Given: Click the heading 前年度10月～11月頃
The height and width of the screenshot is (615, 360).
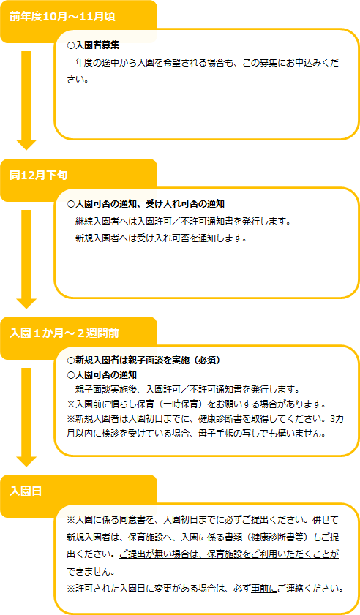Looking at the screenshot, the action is coord(62,17).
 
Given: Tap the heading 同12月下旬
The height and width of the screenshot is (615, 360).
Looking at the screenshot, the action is coord(39,175).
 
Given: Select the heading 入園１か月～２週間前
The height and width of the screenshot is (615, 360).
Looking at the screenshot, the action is coord(64,333).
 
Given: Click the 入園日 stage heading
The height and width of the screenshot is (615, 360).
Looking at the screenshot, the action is coord(26,491).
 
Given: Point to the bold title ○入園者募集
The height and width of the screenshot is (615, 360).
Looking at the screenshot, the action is coord(93,45).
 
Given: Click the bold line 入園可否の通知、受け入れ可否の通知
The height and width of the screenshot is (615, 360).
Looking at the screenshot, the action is coord(146,203).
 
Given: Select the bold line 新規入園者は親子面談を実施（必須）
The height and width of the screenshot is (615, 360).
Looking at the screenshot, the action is coord(143,360).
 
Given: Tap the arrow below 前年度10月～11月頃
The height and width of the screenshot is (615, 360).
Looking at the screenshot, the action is coord(26,100).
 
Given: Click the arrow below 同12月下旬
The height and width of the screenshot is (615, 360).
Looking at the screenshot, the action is coord(26,260).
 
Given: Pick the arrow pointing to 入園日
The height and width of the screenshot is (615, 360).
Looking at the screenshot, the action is coord(26,418).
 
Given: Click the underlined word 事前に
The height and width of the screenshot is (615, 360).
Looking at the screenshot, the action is coord(264,589).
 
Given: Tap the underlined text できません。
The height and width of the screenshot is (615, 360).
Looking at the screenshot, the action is coord(93,571).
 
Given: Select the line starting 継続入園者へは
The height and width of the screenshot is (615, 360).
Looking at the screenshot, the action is coord(183,222).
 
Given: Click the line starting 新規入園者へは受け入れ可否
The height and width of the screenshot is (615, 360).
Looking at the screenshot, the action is coord(161,238).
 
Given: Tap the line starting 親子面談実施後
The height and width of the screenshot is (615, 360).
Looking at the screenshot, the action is coord(187,390).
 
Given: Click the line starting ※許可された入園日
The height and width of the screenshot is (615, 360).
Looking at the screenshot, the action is coord(206,589).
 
